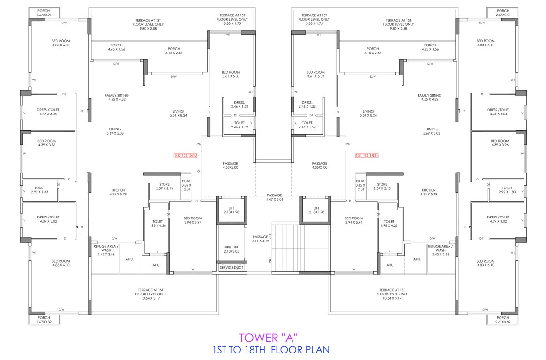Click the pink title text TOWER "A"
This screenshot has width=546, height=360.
pyautogui.click(x=269, y=337)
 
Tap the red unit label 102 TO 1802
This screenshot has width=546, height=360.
pyautogui.click(x=185, y=155)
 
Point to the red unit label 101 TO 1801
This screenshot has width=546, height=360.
pyautogui.click(x=366, y=155)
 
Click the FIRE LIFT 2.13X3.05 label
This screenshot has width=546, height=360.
pyautogui.click(x=231, y=249)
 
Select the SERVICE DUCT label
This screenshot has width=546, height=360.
pyautogui.click(x=231, y=267)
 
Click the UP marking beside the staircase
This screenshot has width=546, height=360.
pyautogui.click(x=270, y=237)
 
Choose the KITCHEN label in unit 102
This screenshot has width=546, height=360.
pyautogui.click(x=105, y=192)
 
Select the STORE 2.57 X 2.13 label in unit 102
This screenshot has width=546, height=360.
pyautogui.click(x=164, y=187)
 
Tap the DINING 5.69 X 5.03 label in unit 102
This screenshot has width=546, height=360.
pyautogui.click(x=115, y=131)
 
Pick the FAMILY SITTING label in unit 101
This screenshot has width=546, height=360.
pyautogui.click(x=429, y=97)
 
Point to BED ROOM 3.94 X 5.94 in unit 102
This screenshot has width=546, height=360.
pyautogui.click(x=193, y=220)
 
